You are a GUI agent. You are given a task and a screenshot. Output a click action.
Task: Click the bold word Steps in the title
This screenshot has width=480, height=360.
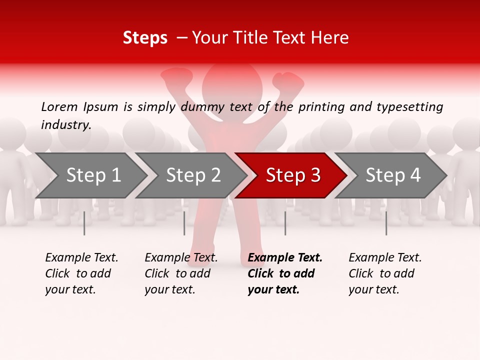coord(145,38)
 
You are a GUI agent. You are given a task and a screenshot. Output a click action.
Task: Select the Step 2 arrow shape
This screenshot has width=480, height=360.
coord(193,175)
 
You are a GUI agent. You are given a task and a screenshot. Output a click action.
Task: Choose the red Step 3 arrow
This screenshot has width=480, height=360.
coord(293,175)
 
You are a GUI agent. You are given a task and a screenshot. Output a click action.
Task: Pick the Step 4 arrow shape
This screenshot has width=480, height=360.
coord(393,175)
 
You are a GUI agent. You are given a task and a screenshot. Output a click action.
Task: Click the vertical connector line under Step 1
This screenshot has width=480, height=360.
coord(84,223)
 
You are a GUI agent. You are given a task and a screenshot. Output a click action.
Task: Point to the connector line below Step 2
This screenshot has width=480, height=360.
coord(184,223)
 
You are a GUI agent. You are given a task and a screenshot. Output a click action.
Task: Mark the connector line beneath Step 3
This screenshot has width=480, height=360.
coord(285,223)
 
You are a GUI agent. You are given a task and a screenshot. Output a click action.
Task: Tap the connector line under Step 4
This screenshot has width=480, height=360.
coord(386,223)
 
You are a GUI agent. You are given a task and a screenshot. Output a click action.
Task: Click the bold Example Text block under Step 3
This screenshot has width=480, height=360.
coord(285,273)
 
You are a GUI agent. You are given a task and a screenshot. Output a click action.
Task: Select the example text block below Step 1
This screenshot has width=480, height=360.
coord(81,273)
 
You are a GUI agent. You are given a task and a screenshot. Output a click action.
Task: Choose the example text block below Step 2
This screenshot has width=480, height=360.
coord(181,273)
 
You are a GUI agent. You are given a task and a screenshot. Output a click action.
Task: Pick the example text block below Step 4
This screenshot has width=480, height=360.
coord(385,273)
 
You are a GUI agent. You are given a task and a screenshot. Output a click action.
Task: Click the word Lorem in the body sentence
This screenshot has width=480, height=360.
coord(59,107)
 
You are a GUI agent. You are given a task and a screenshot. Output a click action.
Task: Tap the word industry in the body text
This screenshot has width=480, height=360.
coord(65,125)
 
